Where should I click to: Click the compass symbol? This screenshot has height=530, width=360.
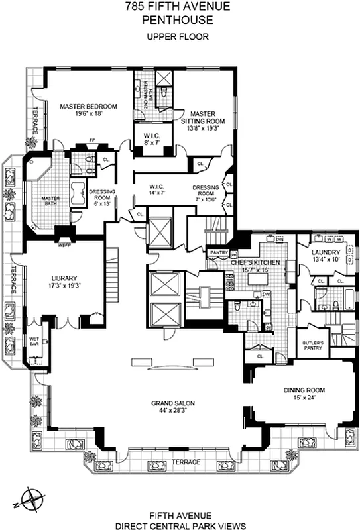click(x=34, y=496)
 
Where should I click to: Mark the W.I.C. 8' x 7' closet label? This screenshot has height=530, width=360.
click(x=150, y=139)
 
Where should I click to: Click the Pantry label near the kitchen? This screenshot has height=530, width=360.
click(x=219, y=252)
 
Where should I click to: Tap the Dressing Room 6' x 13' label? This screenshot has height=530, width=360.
click(x=102, y=197)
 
